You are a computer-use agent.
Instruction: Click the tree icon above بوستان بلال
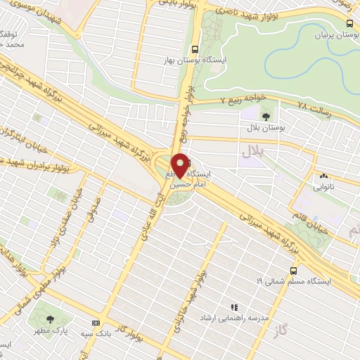click(x=265, y=115)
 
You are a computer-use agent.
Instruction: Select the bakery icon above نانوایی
click(x=323, y=176)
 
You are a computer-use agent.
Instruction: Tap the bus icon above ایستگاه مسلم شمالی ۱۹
click(x=293, y=270)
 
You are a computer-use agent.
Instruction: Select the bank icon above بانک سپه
click(x=96, y=321)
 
